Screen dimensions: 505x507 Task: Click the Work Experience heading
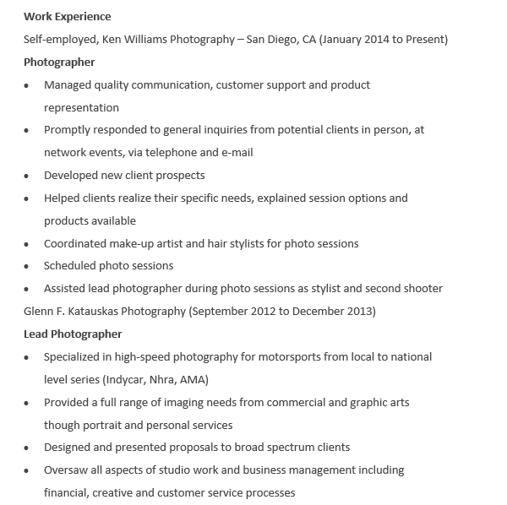68,16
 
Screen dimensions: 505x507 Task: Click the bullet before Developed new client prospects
26,176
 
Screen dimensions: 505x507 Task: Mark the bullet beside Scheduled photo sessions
26,266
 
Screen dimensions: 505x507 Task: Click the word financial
66,492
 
